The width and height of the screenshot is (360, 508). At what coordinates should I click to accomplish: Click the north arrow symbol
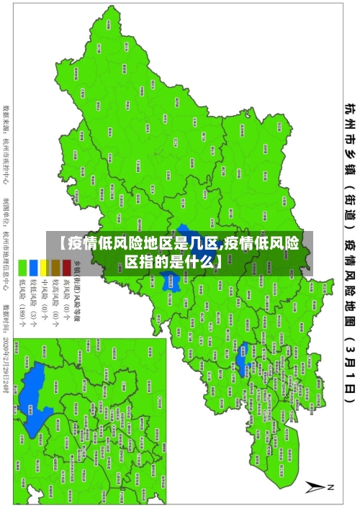click(315, 488)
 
